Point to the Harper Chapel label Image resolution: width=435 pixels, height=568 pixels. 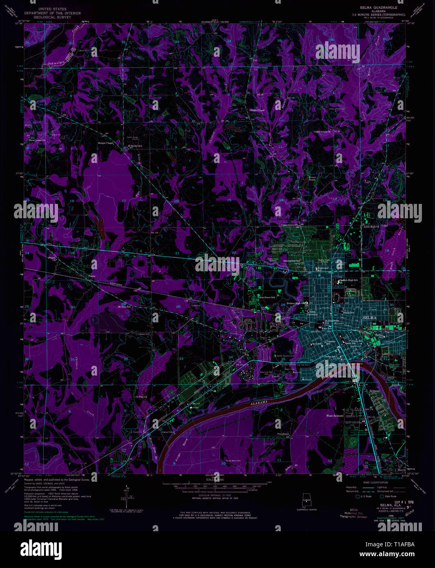pos(106,143)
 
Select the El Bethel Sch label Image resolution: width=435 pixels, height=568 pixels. pos(135,146)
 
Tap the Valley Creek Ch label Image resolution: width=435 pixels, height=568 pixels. pos(321,132)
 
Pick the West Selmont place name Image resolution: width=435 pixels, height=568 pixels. pos(335,416)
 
